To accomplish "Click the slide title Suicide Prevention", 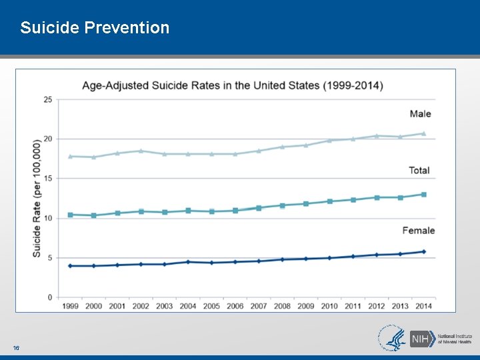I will pos(95,27).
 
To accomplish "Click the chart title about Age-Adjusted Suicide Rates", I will pos(232,85).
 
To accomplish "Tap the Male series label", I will pos(420,113).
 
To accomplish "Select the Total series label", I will pos(419,170).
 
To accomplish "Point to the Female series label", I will pos(418,230).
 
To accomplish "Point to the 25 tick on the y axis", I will pos(48,99).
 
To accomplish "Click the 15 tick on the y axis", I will pos(48,178).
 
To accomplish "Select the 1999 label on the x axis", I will pos(70,306).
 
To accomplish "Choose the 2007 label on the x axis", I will pos(259,306).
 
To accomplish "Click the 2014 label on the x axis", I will pos(423,306).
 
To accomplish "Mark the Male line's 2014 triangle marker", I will pos(423,133).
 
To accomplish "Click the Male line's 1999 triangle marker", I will pos(70,156).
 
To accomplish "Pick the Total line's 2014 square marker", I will pos(423,195).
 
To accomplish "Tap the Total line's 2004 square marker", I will pos(188,211).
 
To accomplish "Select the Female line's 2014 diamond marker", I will pos(423,251).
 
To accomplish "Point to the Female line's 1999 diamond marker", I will pos(70,266).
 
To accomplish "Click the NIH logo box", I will pos(419,338).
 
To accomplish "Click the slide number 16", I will pos(15,348).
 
